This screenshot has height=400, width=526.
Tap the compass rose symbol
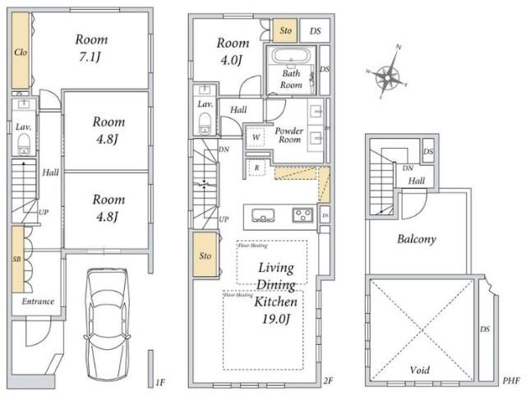coord(386,78)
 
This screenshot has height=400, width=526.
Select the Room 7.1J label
coord(91,47)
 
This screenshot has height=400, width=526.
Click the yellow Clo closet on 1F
coord(21,52)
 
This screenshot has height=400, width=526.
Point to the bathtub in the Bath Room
coord(290,58)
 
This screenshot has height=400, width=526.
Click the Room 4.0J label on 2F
coord(233,51)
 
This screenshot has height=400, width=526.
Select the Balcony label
coord(417,240)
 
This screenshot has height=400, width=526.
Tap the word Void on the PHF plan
coord(420,370)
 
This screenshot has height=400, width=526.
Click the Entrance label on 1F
coord(38,301)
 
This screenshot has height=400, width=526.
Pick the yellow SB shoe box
coord(17,260)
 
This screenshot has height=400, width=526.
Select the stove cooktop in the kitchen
coord(301,216)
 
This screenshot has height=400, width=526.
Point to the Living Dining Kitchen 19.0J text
coord(277,292)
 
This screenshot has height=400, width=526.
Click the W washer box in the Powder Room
coord(257,136)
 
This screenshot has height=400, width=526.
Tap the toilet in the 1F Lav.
coord(25,146)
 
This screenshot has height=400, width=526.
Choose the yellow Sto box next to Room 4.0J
coord(285,30)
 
